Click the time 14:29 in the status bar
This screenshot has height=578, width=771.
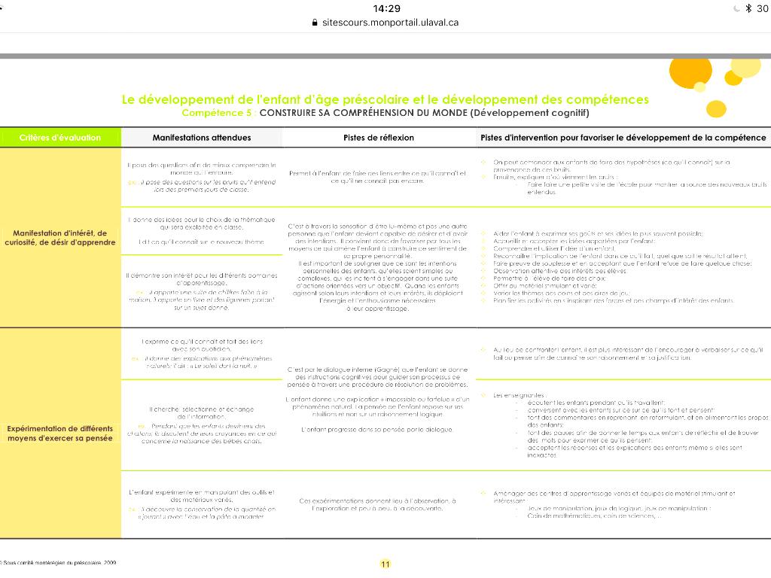pos(386,8)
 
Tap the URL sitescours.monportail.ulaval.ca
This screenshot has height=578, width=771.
pos(390,23)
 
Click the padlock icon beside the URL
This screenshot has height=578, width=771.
pos(315,23)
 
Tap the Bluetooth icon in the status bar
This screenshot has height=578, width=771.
pos(748,8)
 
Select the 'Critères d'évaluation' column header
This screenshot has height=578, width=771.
pos(60,138)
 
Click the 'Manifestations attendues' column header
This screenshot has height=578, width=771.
pos(202,138)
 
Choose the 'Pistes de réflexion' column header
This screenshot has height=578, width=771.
pos(379,138)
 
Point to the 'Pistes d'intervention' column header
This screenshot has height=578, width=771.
pos(623,138)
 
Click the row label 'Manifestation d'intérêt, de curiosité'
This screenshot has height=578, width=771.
pos(60,238)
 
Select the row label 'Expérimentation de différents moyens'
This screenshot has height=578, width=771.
pos(60,433)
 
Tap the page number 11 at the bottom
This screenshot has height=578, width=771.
pos(385,564)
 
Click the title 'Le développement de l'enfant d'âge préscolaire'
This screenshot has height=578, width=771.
pos(385,99)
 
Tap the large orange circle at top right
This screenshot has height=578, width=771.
pos(690,71)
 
